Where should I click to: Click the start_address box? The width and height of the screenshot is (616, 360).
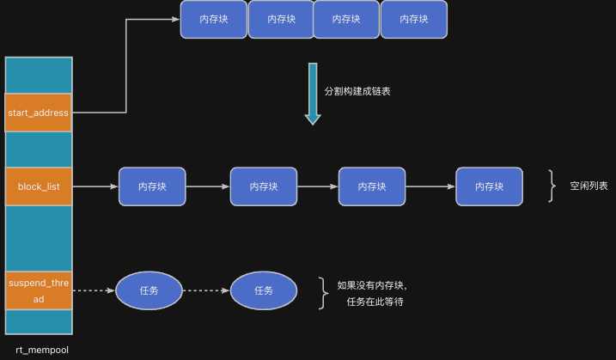pos(38,113)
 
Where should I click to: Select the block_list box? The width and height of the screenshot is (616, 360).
pos(38,186)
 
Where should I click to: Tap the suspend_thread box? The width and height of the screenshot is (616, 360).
pos(38,290)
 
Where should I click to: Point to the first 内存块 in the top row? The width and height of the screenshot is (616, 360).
pos(213,19)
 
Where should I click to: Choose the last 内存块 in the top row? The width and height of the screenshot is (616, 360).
pos(413,19)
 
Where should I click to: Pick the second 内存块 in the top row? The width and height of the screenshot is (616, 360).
pos(280,19)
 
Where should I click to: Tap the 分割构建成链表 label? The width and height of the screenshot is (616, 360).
pos(357,91)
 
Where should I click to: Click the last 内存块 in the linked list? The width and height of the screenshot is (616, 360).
pos(489,186)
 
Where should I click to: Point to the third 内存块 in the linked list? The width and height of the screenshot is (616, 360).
pos(371,186)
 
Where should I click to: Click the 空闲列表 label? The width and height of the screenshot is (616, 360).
pos(589,186)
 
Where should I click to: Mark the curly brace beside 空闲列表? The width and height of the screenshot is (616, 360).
pos(552,186)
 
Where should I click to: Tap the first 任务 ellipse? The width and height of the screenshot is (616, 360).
pos(149,290)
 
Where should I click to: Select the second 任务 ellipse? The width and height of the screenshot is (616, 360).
pos(264,290)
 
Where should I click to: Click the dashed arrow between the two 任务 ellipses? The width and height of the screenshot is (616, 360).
pos(206,290)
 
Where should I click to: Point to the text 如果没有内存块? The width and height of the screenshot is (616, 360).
pos(371,284)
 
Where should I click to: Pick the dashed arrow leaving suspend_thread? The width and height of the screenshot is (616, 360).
pos(93,290)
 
